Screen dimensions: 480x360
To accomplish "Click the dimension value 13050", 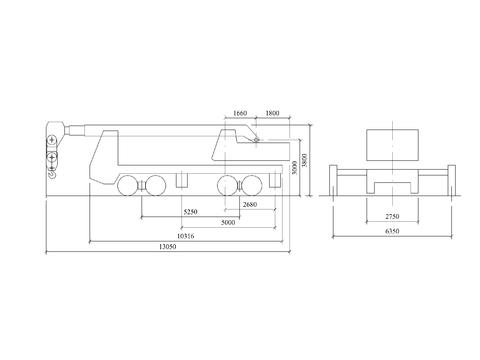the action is click(x=168, y=247).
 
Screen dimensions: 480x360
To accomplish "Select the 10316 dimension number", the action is click(x=185, y=236).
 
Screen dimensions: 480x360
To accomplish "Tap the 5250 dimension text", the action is click(x=190, y=212).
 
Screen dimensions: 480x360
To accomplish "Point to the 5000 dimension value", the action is click(x=228, y=222).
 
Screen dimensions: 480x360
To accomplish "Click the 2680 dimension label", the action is click(x=250, y=204).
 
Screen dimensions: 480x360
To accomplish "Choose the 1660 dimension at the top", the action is click(x=240, y=113).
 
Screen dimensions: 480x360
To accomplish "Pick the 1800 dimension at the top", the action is click(x=272, y=113).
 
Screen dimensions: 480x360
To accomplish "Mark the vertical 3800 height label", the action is click(x=305, y=160).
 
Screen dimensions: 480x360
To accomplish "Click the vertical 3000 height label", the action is click(x=294, y=167).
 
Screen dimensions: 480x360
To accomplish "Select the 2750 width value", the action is click(x=392, y=216).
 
